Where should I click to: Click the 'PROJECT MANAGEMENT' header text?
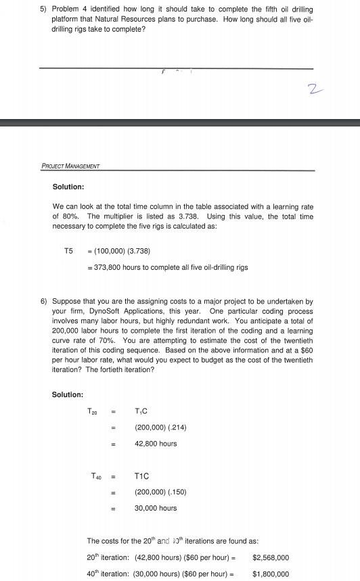click(70, 166)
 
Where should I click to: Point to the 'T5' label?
click(68, 251)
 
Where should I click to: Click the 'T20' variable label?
click(93, 411)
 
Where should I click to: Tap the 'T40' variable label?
click(97, 476)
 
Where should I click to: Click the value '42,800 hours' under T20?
click(156, 444)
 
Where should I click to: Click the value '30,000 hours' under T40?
click(156, 508)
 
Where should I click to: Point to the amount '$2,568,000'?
click(271, 557)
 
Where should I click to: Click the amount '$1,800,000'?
click(271, 574)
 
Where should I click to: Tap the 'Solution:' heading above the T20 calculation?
click(68, 394)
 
